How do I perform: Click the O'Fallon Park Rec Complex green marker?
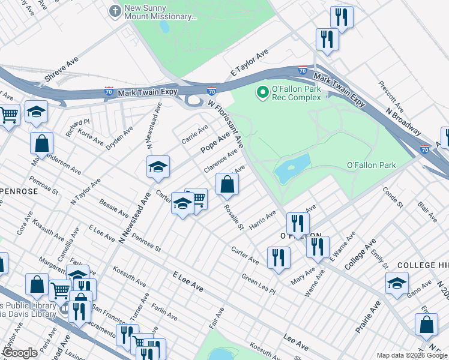pos(262,92)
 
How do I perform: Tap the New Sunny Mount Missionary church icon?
pos(115,11)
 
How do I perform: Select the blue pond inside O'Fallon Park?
pos(292,169)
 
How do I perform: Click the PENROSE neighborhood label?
pos(18,191)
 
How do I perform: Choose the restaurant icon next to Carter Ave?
pos(278,257)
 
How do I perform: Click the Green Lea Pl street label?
pos(258,284)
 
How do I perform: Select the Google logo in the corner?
pos(20,353)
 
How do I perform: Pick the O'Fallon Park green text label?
pos(372,165)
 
